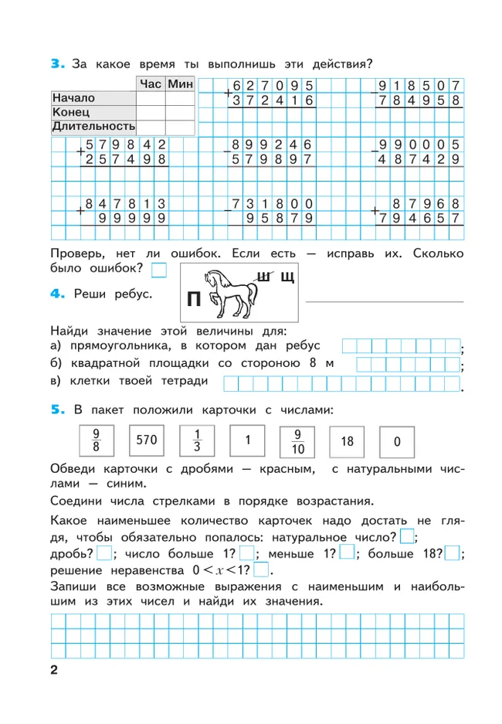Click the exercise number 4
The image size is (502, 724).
click(56, 294)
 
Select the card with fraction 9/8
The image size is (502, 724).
click(96, 441)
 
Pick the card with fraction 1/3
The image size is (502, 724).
click(196, 441)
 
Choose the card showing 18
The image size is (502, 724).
click(347, 441)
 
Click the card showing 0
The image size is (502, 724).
click(397, 442)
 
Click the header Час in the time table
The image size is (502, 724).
click(151, 83)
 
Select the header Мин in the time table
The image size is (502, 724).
click(180, 83)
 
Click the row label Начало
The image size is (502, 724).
click(73, 98)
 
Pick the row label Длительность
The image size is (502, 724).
click(93, 125)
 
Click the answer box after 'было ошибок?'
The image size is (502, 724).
click(158, 269)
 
